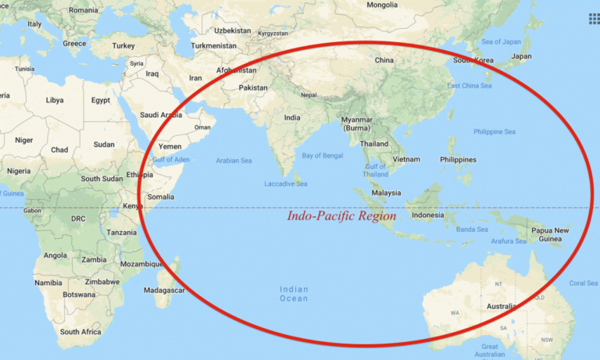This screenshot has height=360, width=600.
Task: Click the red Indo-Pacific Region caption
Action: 341,216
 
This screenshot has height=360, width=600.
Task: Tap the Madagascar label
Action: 166,290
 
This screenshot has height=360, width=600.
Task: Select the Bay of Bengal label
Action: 323,156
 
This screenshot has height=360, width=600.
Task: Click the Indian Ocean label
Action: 294,294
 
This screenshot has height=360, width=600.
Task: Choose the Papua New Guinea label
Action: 552,234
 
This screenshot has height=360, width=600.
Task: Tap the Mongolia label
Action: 382,5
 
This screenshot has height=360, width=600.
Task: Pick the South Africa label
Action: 81,332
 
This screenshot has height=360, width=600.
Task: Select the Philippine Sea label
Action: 495,132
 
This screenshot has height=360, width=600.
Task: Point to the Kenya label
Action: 134,206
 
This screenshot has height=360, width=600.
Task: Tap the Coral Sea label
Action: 583,283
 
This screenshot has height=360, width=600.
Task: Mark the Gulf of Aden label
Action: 171,160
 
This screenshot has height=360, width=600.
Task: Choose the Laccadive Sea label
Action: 285,184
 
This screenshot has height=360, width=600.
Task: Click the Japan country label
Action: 521,56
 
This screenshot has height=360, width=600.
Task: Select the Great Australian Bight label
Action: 491,350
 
